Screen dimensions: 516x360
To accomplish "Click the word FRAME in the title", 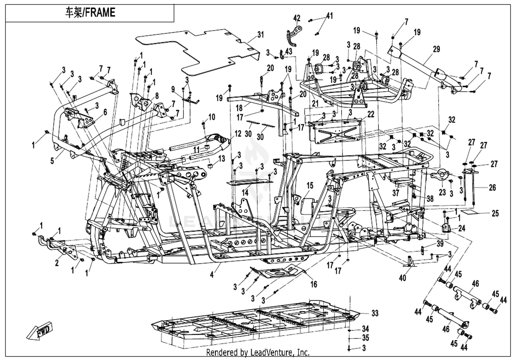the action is pos(100,12).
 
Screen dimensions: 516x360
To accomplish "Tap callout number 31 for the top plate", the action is pos(260,35).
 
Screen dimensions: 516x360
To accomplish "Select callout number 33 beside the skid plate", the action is pos(375,313).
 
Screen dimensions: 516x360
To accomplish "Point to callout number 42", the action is pos(297,18).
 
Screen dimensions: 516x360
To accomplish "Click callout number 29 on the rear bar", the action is pos(436,49).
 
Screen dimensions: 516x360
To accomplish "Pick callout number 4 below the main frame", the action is pos(212,275).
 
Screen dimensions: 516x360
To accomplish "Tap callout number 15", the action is pos(310,186).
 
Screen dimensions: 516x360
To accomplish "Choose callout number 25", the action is pos(495,213).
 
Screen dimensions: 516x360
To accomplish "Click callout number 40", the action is pos(402,278).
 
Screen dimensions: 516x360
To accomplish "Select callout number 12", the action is pos(238,134).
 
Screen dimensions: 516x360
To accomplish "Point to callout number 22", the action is pos(370,115).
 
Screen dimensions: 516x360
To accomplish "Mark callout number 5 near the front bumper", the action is pos(52,161).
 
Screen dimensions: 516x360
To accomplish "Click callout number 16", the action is pos(314,284).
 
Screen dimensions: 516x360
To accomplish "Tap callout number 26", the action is pos(492,188).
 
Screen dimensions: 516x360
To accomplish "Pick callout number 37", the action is pos(396,193).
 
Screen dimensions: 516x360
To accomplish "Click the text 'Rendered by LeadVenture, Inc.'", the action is pos(258,352).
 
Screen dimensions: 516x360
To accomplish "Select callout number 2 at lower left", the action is pos(57,263).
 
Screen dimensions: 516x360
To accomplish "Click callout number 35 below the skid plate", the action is pos(365,338).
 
